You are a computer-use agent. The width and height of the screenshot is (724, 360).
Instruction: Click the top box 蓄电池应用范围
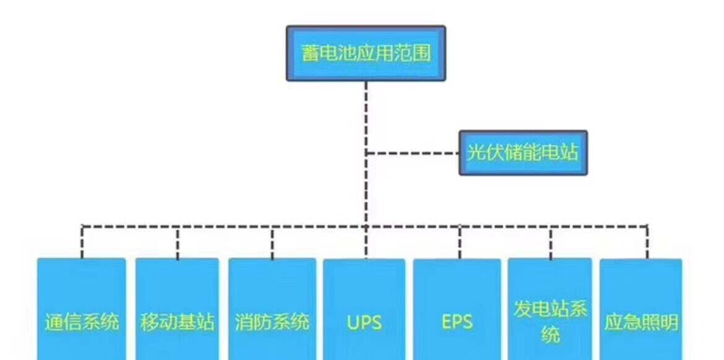[x=366, y=53]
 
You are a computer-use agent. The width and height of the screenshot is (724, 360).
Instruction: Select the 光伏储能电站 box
[x=523, y=153]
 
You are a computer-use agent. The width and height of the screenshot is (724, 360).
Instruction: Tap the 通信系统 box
[x=82, y=309]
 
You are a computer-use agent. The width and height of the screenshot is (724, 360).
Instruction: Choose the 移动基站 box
[x=177, y=309]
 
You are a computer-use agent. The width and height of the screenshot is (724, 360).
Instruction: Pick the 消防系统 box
[x=272, y=309]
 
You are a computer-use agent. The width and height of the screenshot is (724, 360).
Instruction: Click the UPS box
[x=364, y=309]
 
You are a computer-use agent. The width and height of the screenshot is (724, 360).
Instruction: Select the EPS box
[x=457, y=309]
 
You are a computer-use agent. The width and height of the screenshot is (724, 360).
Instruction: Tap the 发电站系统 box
[x=550, y=309]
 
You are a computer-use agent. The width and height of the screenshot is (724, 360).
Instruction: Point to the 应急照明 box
[x=642, y=309]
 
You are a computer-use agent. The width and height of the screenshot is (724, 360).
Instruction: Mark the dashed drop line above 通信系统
[x=82, y=241]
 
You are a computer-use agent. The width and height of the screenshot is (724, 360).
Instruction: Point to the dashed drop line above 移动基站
[x=178, y=241]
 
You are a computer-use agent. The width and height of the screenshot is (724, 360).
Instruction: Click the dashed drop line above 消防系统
[x=272, y=241]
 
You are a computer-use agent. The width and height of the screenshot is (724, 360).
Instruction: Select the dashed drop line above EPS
[x=460, y=241]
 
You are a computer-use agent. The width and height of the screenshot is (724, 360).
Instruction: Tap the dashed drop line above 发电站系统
[x=551, y=241]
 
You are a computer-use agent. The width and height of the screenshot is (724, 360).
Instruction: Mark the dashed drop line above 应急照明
[x=647, y=241]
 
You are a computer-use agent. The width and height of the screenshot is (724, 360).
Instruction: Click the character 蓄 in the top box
[x=311, y=53]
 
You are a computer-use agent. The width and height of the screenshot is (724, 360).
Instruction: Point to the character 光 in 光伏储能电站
[x=475, y=153]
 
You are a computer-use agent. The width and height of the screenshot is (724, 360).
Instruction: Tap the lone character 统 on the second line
[x=550, y=335]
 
